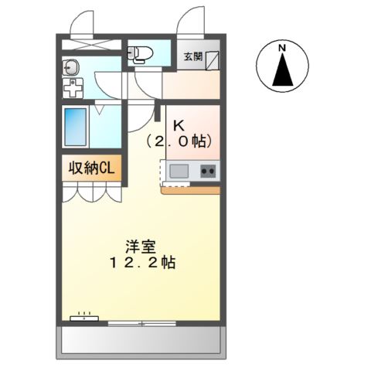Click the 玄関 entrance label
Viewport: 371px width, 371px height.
tap(192, 56)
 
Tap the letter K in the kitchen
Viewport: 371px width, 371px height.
tap(179, 124)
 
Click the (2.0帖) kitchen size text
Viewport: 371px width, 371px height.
tap(179, 141)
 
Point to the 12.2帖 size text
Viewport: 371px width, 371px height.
tap(141, 263)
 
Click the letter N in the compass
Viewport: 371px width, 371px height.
tap(283, 48)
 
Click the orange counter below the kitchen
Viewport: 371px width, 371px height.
tap(191, 189)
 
